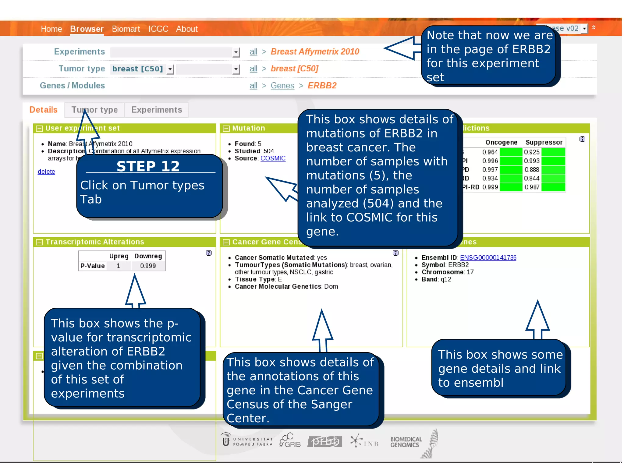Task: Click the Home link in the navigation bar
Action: (x=51, y=29)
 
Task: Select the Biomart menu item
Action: (x=126, y=29)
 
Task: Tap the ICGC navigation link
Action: (x=158, y=29)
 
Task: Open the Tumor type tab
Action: (x=94, y=110)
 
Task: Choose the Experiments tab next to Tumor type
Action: (x=156, y=110)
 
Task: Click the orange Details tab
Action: (x=43, y=110)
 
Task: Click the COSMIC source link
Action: (x=273, y=158)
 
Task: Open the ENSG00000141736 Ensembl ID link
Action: (x=488, y=258)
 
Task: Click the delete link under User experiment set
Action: (x=46, y=172)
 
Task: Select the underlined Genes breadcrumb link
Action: (x=282, y=86)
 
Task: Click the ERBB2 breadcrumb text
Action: (x=322, y=86)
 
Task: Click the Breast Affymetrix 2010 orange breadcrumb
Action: (x=315, y=51)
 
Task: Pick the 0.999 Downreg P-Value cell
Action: (x=148, y=266)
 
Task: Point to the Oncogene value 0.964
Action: (x=490, y=152)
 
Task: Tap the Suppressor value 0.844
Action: (x=531, y=178)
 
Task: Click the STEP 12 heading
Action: (x=148, y=166)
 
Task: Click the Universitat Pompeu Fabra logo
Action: (x=247, y=441)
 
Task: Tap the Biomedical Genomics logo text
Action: (x=406, y=442)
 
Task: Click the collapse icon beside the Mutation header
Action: (x=226, y=129)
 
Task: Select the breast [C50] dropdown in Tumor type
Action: (x=142, y=69)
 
